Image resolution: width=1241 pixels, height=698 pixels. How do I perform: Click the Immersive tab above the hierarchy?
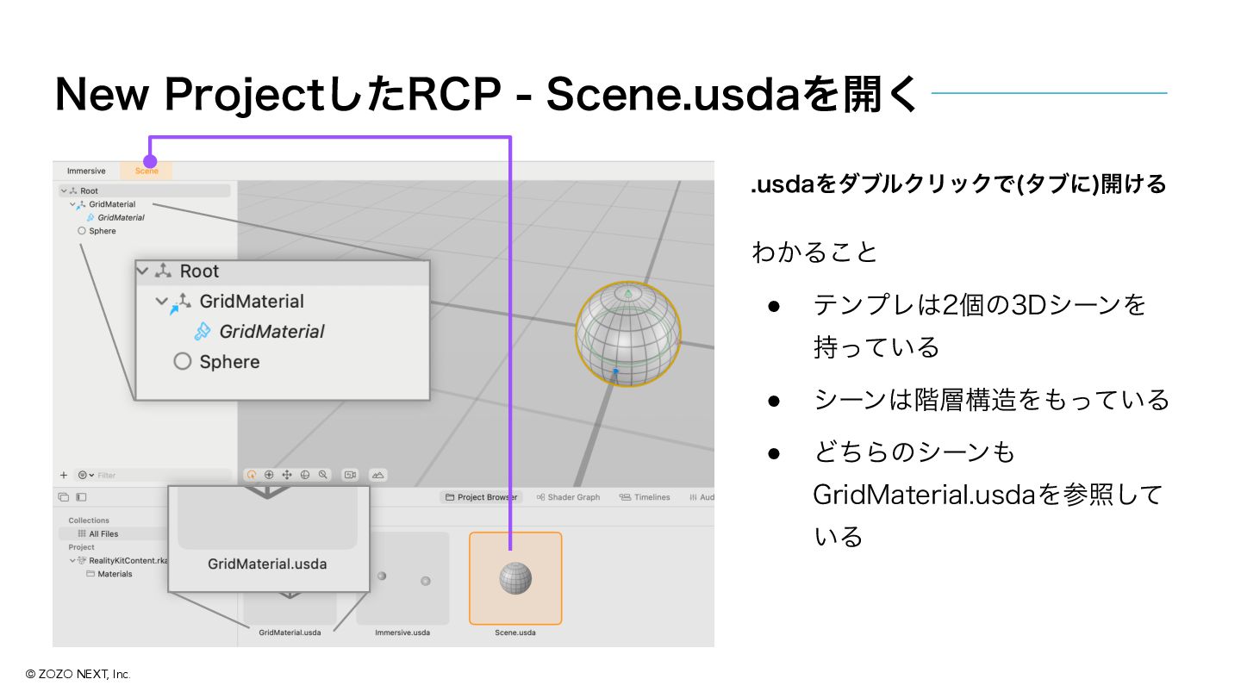pyautogui.click(x=86, y=171)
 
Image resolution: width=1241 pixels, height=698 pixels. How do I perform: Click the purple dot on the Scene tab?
pyautogui.click(x=150, y=161)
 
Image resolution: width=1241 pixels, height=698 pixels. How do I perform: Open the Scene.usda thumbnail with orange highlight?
pyautogui.click(x=515, y=577)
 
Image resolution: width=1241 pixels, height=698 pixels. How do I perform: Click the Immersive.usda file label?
pyautogui.click(x=402, y=633)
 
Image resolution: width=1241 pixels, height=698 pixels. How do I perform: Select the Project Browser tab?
pyautogui.click(x=482, y=497)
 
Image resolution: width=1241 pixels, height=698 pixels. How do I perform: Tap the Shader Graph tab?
pyautogui.click(x=568, y=497)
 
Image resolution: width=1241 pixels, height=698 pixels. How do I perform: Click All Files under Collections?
pyautogui.click(x=103, y=534)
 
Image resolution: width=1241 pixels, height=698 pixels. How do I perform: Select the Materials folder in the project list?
pyautogui.click(x=115, y=574)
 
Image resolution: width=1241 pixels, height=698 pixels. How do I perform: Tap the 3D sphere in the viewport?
pyautogui.click(x=628, y=334)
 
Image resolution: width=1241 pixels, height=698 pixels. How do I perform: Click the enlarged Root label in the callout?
pyautogui.click(x=199, y=271)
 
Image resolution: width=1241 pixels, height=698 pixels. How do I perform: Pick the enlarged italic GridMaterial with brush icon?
pyautogui.click(x=271, y=332)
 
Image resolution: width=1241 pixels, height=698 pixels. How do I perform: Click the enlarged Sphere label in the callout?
pyautogui.click(x=229, y=362)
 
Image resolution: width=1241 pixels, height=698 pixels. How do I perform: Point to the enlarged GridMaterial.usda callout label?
pyautogui.click(x=267, y=564)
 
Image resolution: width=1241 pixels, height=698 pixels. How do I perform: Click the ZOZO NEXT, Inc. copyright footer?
pyautogui.click(x=78, y=674)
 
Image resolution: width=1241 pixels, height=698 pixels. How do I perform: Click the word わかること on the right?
pyautogui.click(x=814, y=252)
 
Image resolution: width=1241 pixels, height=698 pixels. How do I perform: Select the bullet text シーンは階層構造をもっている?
pyautogui.click(x=991, y=400)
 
